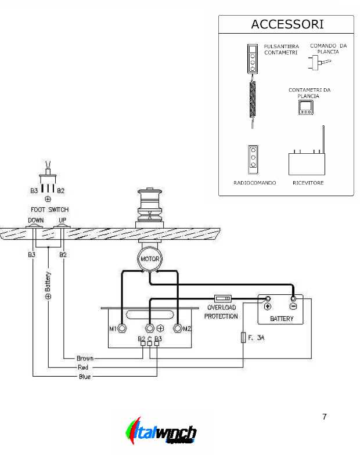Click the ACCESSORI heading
(x=287, y=24)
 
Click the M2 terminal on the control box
(x=178, y=329)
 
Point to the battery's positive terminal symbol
(x=268, y=307)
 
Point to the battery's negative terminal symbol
(x=293, y=307)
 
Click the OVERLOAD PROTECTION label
(x=221, y=312)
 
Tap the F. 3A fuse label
(x=257, y=337)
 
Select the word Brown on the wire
(x=85, y=359)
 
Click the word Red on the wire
(x=82, y=368)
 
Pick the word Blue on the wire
(x=85, y=377)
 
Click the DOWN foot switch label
(x=35, y=221)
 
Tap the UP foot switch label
(x=62, y=221)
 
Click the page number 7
(x=324, y=417)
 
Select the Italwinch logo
(x=161, y=432)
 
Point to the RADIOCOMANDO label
(x=254, y=183)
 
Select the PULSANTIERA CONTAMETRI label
(x=281, y=49)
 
